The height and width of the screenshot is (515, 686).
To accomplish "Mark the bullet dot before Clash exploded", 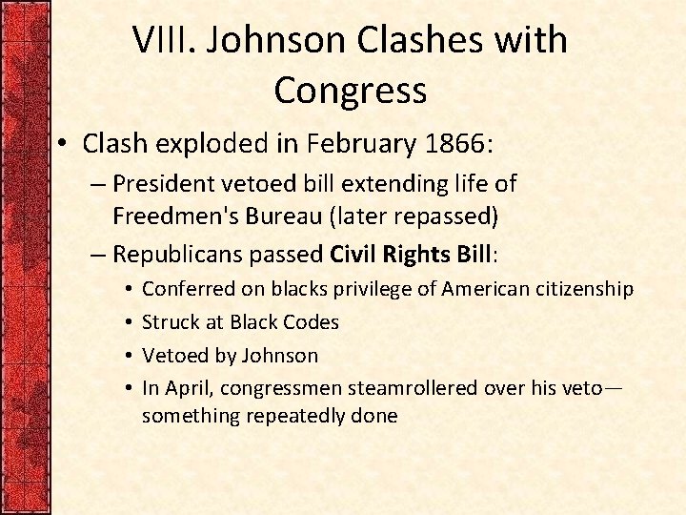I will [x=64, y=144].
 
